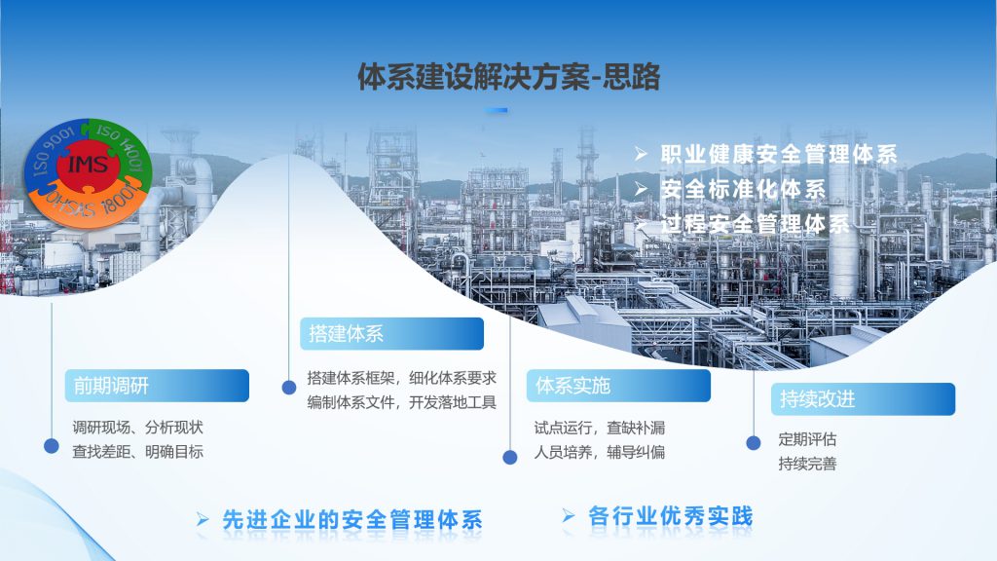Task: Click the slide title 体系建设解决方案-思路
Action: click(x=508, y=77)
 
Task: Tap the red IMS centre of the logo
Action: click(x=88, y=165)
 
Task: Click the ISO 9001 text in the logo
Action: click(x=54, y=151)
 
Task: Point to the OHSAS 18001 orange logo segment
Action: click(x=89, y=203)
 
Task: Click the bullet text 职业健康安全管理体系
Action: click(x=778, y=154)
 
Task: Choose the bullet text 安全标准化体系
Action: click(x=743, y=189)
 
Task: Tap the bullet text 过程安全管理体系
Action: click(x=755, y=224)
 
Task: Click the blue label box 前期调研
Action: click(x=157, y=386)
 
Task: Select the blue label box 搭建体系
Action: click(x=391, y=333)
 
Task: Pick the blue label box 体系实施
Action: click(x=618, y=386)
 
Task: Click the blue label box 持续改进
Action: click(x=863, y=399)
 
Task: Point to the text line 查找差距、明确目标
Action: click(x=138, y=452)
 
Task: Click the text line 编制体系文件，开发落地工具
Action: click(x=402, y=402)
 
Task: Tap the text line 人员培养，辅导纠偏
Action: click(x=600, y=452)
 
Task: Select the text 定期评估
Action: click(x=807, y=439)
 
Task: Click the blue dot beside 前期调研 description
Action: click(x=52, y=446)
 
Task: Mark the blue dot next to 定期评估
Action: click(x=754, y=443)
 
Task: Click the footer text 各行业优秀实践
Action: click(x=671, y=516)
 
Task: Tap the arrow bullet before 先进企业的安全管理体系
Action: click(x=203, y=520)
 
